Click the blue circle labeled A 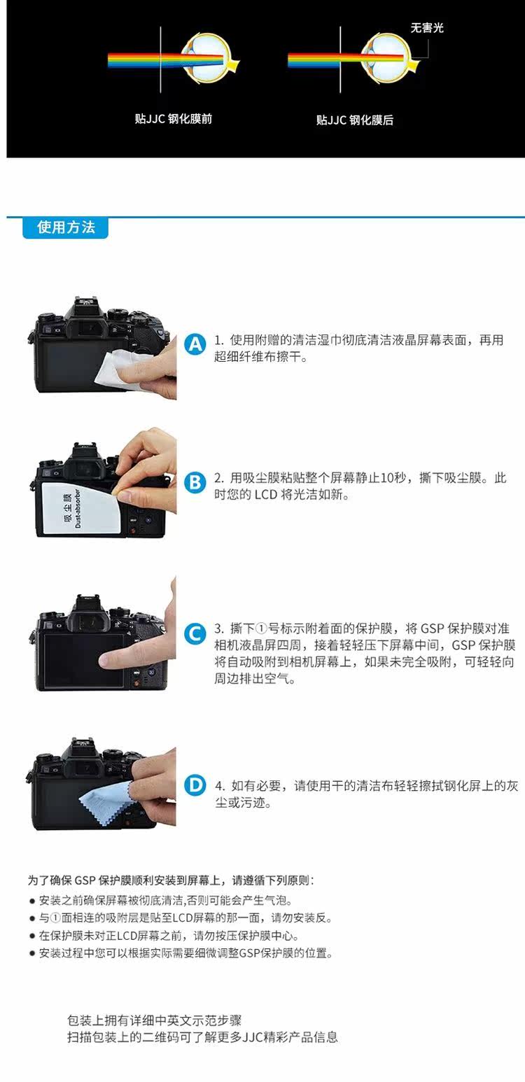point(195,344)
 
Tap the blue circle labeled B point(195,482)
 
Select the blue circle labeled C point(195,633)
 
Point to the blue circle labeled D point(195,785)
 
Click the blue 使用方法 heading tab point(66,227)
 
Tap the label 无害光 point(426,28)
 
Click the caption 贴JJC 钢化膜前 point(174,119)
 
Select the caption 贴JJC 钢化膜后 point(354,120)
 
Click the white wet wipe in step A point(116,368)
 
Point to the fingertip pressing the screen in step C point(107,660)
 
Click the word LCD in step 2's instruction point(265,495)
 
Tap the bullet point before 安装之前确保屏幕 point(32,901)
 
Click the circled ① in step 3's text point(261,628)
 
